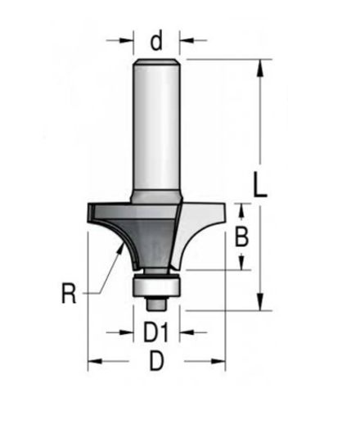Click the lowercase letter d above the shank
click(156, 38)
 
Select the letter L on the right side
click(261, 185)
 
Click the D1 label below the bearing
click(155, 333)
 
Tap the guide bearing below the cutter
click(155, 284)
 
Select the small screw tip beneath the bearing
click(155, 300)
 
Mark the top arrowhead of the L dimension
click(260, 66)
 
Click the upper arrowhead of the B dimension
click(241, 210)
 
